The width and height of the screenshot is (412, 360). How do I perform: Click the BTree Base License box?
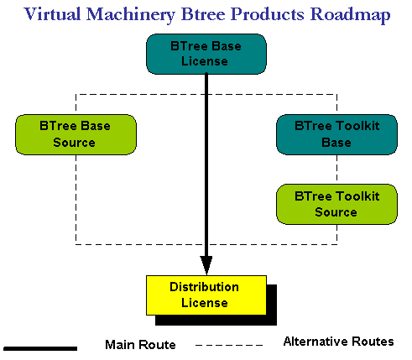pyautogui.click(x=206, y=54)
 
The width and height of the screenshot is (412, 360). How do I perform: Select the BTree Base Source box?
pyautogui.click(x=76, y=134)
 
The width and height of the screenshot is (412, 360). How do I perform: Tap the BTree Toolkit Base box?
pyautogui.click(x=336, y=134)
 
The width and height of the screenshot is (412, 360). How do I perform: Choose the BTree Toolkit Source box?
pyautogui.click(x=336, y=204)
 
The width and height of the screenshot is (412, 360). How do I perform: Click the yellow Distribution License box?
pyautogui.click(x=206, y=295)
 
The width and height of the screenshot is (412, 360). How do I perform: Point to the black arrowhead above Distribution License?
pyautogui.click(x=206, y=265)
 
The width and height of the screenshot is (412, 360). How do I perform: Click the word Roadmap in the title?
pyautogui.click(x=350, y=14)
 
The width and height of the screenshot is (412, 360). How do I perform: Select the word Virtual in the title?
pyautogui.click(x=52, y=14)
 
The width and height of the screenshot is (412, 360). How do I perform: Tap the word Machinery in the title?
pyautogui.click(x=131, y=15)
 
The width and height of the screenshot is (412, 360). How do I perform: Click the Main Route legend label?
pyautogui.click(x=140, y=345)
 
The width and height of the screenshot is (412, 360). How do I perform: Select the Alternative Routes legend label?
pyautogui.click(x=339, y=342)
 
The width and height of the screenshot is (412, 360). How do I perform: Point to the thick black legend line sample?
pyautogui.click(x=40, y=348)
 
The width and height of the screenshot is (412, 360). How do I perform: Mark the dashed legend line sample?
pyautogui.click(x=229, y=345)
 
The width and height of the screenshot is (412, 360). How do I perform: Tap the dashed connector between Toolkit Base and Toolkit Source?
pyautogui.click(x=336, y=170)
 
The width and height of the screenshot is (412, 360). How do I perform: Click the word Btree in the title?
pyautogui.click(x=203, y=14)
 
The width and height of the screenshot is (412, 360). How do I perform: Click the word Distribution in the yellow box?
pyautogui.click(x=205, y=287)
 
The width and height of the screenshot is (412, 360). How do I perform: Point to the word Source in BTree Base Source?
pyautogui.click(x=75, y=143)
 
